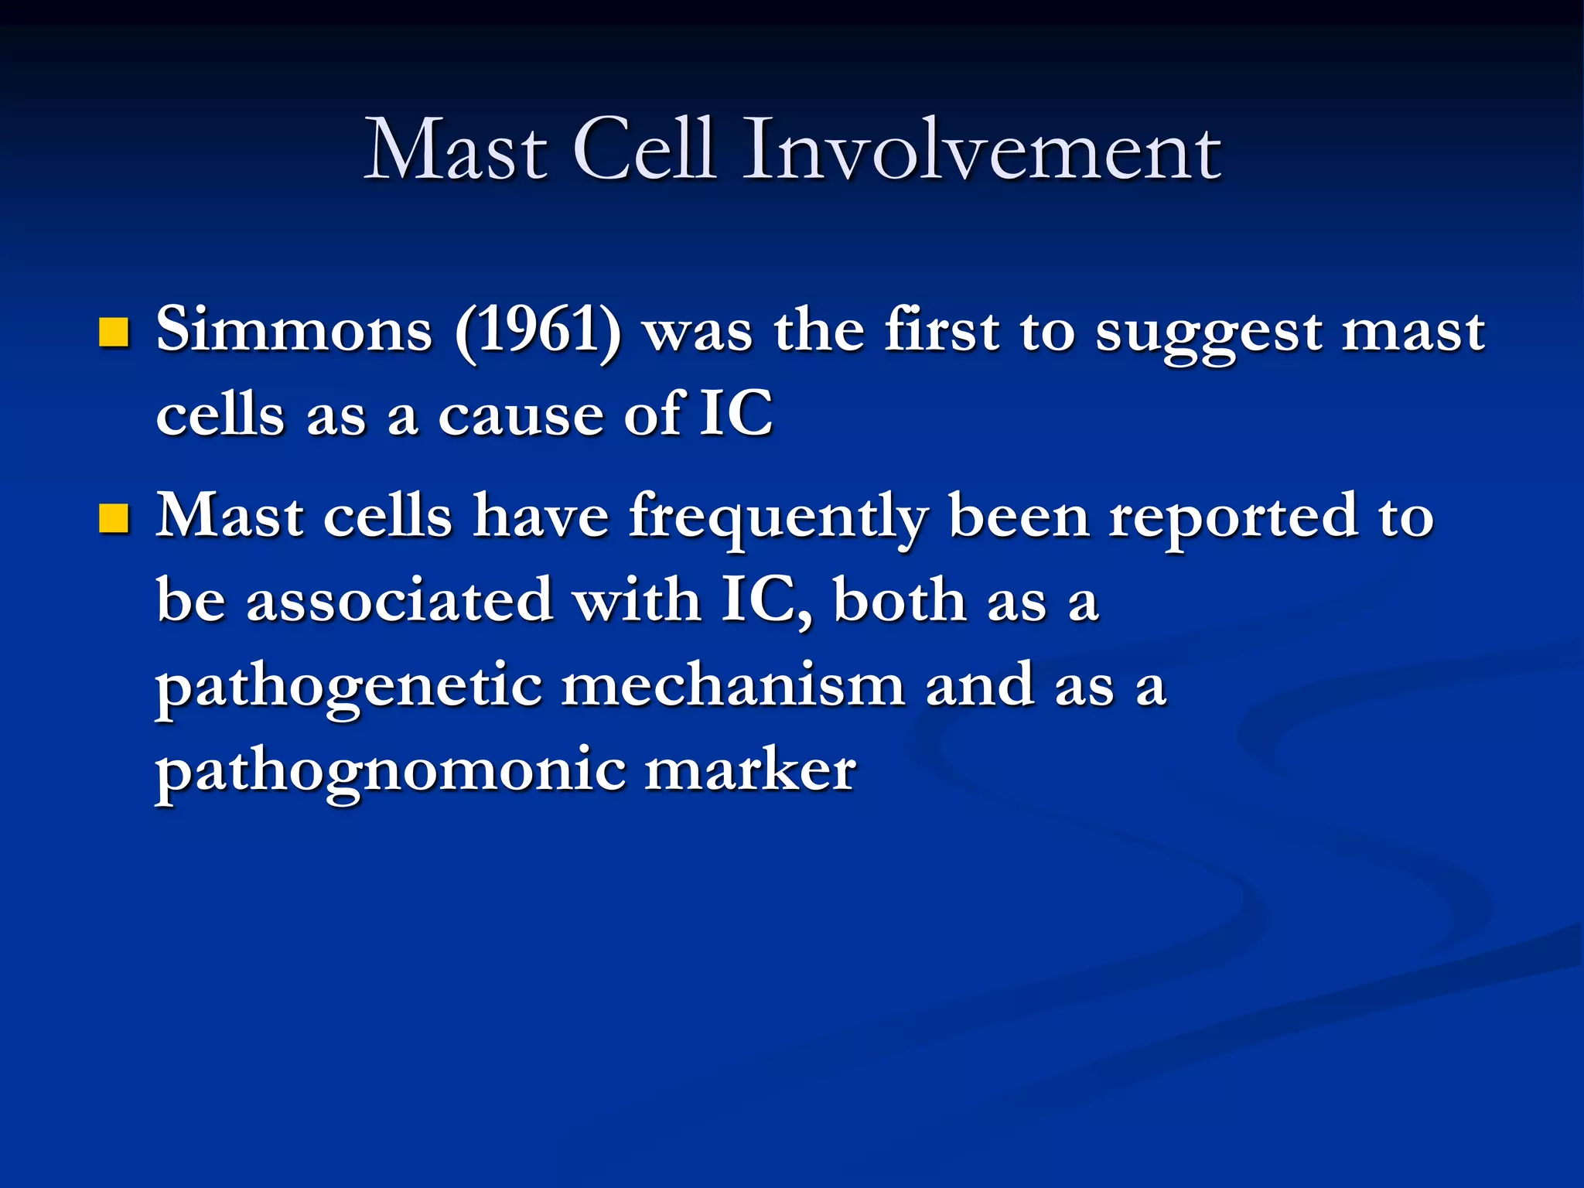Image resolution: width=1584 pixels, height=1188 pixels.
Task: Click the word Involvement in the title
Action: click(x=982, y=151)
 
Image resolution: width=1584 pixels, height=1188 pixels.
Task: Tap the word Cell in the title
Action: click(x=643, y=151)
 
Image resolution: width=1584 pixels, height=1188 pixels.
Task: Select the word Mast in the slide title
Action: click(x=456, y=151)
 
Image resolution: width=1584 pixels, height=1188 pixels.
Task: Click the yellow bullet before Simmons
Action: click(x=114, y=333)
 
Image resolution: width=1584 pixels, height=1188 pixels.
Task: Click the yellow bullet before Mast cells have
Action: click(x=114, y=518)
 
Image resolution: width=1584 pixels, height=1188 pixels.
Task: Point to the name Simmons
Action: click(x=294, y=331)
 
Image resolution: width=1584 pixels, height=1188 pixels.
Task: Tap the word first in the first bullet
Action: click(x=942, y=331)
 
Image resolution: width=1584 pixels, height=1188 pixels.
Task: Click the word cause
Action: click(x=521, y=416)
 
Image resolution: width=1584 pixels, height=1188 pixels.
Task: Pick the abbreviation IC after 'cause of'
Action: click(x=736, y=414)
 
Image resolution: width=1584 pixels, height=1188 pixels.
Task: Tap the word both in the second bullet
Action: click(x=900, y=601)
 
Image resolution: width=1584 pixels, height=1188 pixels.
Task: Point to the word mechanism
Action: click(x=732, y=685)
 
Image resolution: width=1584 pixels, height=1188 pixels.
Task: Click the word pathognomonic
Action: click(x=391, y=771)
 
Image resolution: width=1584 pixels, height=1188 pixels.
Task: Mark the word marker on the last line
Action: click(x=749, y=770)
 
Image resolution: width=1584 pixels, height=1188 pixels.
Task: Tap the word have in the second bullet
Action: click(x=541, y=517)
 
